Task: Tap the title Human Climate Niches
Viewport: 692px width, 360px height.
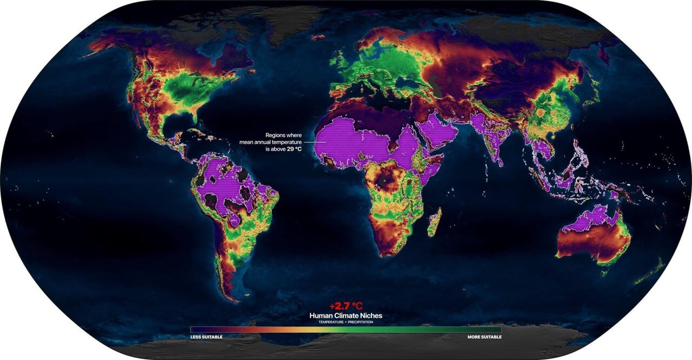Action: click(345, 316)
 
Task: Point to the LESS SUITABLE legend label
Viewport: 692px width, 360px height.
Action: click(206, 337)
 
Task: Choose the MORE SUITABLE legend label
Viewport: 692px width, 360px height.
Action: click(484, 337)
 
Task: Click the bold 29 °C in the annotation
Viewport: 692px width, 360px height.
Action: click(294, 148)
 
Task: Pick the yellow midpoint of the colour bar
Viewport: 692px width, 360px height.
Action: click(346, 329)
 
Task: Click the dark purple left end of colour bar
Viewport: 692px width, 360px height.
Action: click(193, 329)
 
